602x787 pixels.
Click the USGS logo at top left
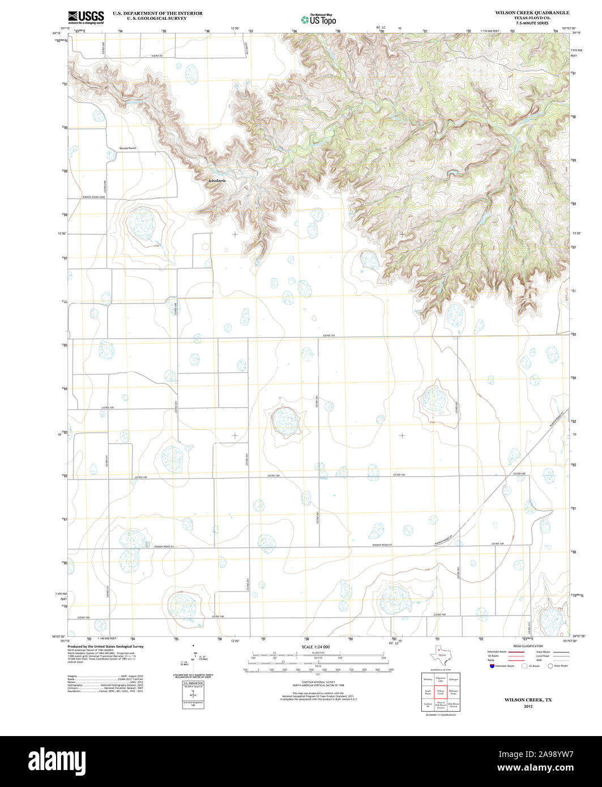pyautogui.click(x=86, y=17)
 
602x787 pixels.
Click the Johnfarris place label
pyautogui.click(x=217, y=181)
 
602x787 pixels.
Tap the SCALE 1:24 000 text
pyautogui.click(x=315, y=647)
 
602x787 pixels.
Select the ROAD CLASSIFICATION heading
pyautogui.click(x=527, y=646)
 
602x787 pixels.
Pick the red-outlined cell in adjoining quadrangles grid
pyautogui.click(x=440, y=692)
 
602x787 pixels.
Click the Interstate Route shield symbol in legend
pyautogui.click(x=491, y=666)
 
